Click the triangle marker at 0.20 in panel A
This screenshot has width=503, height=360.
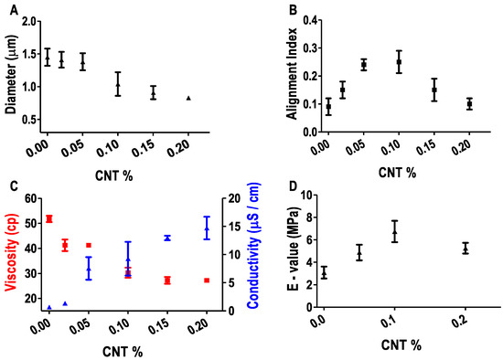[188, 98]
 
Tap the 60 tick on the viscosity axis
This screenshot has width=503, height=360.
[31, 198]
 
